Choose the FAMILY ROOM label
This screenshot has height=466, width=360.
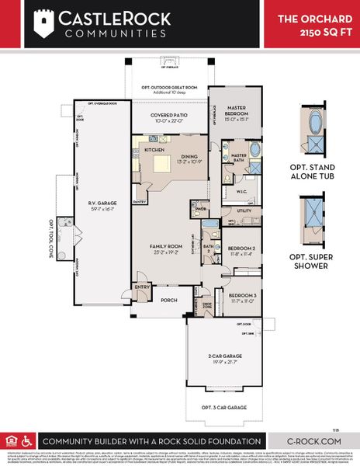tap(165, 249)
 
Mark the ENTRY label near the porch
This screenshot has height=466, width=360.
tap(142, 287)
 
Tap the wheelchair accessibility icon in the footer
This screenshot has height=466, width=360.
tap(23, 439)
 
